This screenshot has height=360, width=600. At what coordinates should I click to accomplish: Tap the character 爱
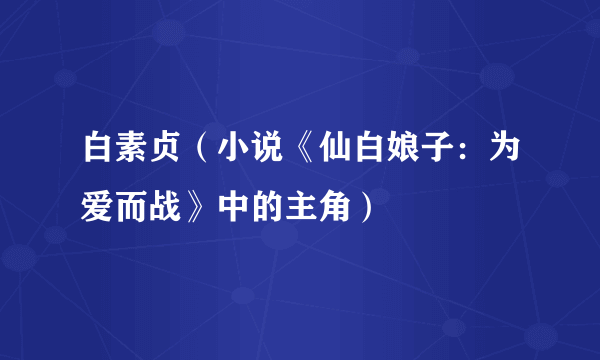(x=101, y=207)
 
